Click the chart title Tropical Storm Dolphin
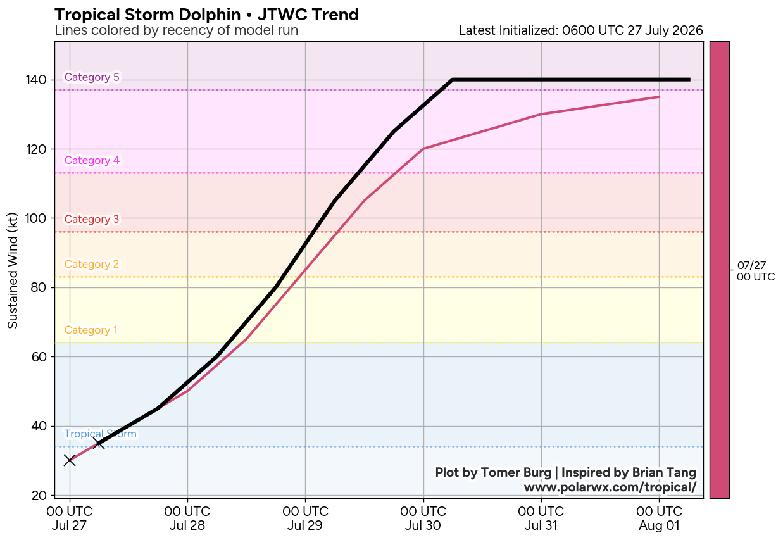pos(147,15)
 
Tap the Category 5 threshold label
pos(92,77)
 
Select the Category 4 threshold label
pos(92,160)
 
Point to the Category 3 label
pos(92,219)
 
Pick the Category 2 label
pos(92,264)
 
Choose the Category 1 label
pos(91,330)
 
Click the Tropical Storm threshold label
pos(100,434)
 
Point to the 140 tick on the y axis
pos(36,80)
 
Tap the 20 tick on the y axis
pos(39,496)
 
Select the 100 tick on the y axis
pos(36,218)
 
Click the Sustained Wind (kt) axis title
pos(13,270)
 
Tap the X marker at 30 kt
pos(70,461)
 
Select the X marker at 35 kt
pos(99,443)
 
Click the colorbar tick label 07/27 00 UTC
pos(756,271)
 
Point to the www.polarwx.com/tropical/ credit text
pos(610,487)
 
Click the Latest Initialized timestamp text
pos(581,30)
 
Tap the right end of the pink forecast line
pos(660,97)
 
